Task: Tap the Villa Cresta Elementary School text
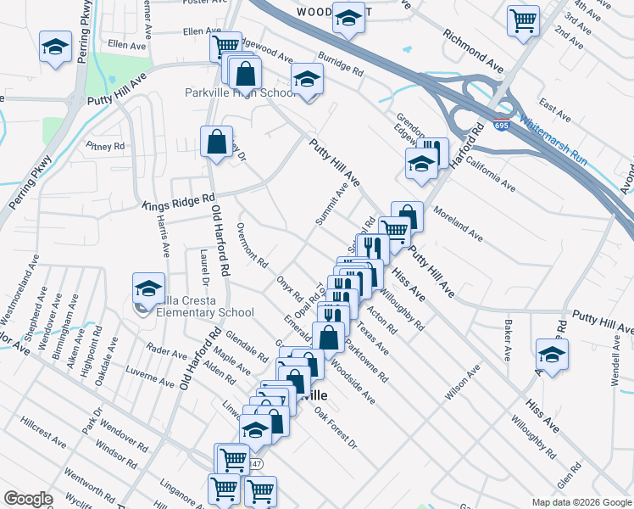pos(201,312)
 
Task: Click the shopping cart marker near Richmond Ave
pos(523,20)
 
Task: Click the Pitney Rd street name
pos(105,146)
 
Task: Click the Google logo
pos(27,499)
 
